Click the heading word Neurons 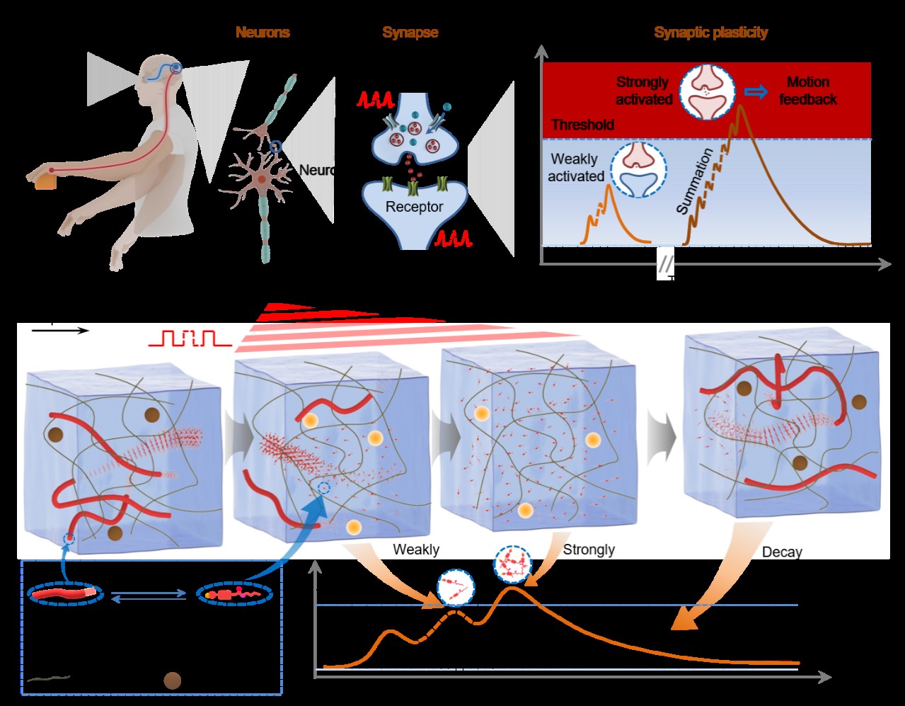point(263,33)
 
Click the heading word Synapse point(410,33)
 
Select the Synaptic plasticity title point(710,33)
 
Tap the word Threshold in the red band point(582,125)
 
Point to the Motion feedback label point(807,91)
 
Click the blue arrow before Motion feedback point(756,91)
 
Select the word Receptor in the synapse point(414,207)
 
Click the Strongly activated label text point(642,91)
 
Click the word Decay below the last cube point(782,552)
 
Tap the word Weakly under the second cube point(416,550)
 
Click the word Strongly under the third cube point(589,550)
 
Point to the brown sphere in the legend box point(172,681)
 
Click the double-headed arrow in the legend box point(149,597)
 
